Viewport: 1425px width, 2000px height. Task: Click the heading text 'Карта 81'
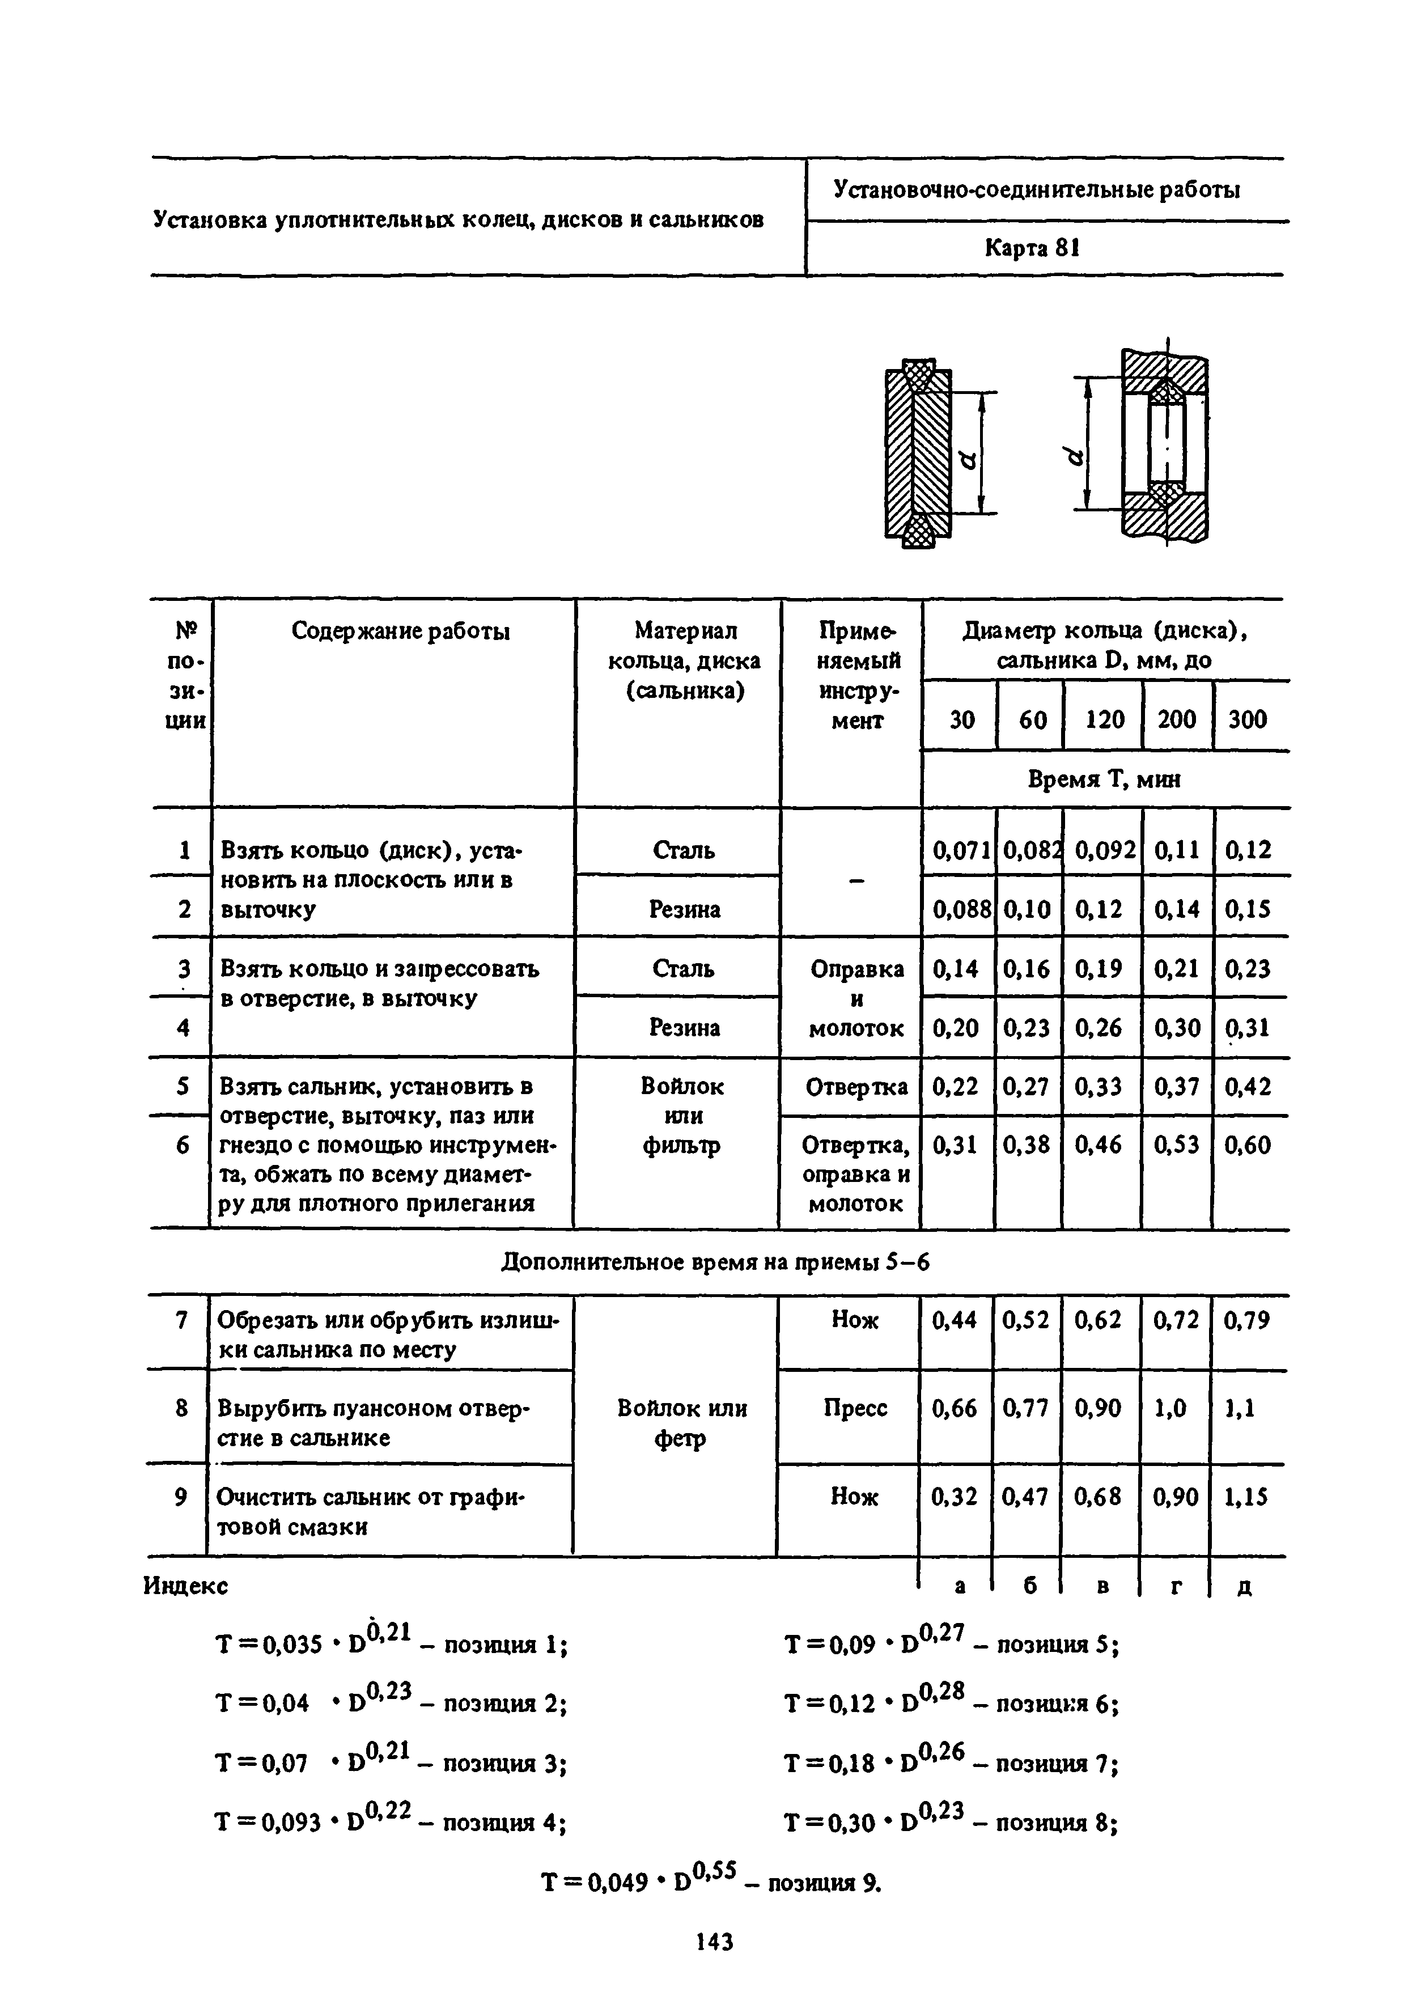coord(1031,248)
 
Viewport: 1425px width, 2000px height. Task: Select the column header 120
coord(1104,719)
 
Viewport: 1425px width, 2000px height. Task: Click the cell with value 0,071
coord(961,850)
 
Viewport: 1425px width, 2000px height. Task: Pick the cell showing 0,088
coord(961,909)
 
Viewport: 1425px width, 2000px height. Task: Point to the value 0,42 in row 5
coord(1247,1086)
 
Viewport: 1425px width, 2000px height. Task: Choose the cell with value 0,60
coord(1247,1145)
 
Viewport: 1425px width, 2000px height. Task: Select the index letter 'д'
coord(1244,1587)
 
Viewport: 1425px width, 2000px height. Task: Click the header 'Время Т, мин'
coord(1104,779)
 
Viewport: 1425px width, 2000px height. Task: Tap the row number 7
coord(181,1320)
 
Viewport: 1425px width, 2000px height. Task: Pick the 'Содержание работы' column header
coord(400,631)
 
